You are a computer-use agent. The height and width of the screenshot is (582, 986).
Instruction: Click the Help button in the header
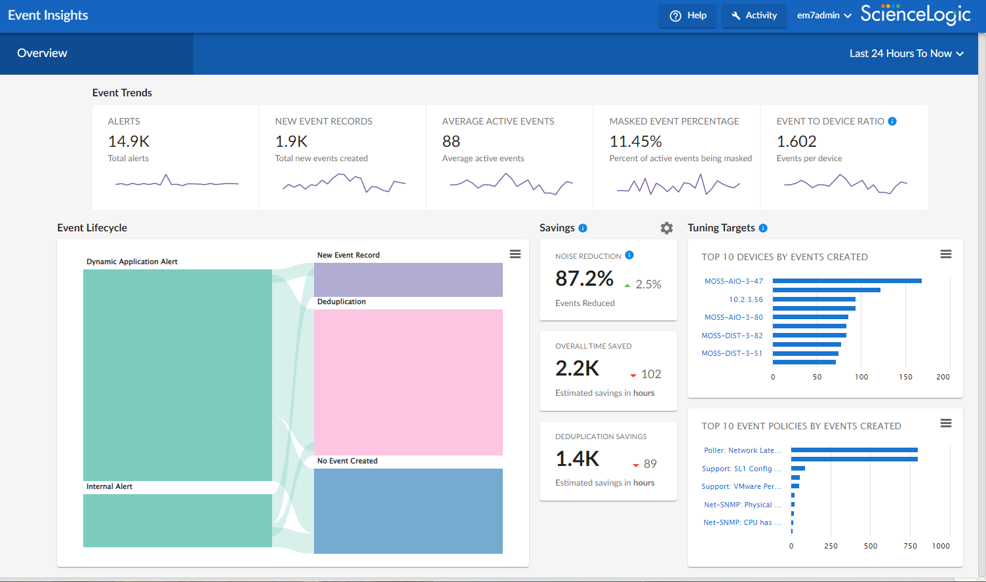click(687, 16)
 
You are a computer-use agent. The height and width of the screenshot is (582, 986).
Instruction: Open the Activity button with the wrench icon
click(754, 16)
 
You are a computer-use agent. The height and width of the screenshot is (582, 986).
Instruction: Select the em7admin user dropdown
click(824, 16)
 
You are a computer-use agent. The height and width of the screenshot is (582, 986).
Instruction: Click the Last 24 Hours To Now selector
click(906, 54)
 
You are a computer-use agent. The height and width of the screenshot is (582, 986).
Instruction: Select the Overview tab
click(42, 54)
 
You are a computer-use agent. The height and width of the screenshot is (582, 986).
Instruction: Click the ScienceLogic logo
click(915, 14)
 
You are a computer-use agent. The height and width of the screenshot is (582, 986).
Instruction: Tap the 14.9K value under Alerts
click(129, 142)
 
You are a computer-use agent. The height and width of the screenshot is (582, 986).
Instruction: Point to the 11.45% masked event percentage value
click(635, 142)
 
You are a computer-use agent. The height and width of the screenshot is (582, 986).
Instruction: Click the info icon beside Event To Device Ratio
click(892, 121)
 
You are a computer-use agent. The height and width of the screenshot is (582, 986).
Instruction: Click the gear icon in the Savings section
click(667, 228)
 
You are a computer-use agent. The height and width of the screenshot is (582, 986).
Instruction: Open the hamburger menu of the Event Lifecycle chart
click(515, 254)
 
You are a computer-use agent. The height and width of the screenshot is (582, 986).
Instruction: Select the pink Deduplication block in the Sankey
click(408, 382)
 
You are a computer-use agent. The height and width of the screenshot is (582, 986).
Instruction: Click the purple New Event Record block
click(408, 280)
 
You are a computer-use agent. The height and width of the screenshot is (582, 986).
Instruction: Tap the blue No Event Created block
click(408, 511)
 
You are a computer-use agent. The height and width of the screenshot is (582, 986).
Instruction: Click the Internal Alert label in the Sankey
click(109, 487)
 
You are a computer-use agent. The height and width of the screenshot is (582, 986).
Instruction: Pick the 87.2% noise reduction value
click(584, 279)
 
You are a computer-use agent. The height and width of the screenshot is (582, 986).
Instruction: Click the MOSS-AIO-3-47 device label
click(734, 281)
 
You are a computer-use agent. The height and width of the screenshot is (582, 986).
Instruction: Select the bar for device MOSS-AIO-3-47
click(846, 281)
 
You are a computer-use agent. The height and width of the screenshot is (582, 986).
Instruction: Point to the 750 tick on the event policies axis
click(910, 546)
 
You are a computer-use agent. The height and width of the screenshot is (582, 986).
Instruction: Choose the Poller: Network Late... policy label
click(742, 451)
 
